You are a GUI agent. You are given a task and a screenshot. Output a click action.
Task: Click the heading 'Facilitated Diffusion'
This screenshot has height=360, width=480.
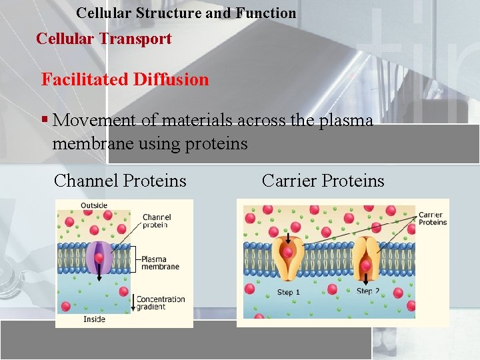click(125, 80)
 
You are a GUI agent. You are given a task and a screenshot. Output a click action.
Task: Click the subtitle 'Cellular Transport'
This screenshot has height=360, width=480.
click(103, 39)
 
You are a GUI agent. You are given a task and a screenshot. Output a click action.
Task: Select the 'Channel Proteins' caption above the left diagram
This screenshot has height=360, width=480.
click(120, 181)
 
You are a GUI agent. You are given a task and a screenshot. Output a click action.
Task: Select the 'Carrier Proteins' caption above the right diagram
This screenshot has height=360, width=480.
click(323, 181)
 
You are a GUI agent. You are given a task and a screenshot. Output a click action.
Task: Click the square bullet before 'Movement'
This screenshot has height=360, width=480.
click(45, 120)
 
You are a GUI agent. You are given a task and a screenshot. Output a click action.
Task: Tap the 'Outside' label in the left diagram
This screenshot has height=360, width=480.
click(94, 205)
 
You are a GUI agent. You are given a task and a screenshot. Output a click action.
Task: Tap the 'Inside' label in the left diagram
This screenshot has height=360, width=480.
click(94, 319)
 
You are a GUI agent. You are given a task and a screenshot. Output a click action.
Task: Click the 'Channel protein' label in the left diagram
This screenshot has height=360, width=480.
click(157, 221)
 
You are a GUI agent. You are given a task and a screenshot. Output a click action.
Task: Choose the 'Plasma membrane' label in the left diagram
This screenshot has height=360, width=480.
click(160, 263)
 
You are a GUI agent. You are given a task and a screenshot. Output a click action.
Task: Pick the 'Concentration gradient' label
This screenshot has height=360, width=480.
click(161, 303)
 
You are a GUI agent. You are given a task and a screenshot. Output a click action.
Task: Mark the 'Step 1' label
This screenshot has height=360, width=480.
click(289, 292)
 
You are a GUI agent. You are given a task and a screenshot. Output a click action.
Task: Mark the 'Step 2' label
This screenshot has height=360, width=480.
click(368, 291)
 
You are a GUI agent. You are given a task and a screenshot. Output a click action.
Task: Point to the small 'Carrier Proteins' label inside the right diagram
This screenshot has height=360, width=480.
click(433, 219)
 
